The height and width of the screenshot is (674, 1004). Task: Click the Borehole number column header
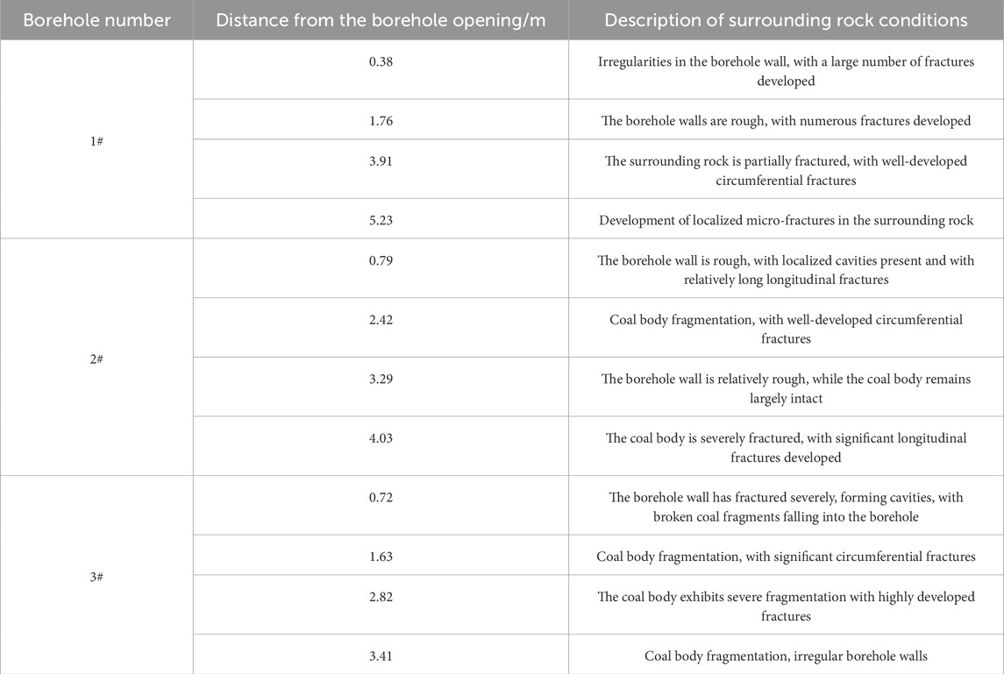96,20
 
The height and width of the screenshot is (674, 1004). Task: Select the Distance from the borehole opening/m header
381,20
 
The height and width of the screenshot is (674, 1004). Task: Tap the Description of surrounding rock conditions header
786,20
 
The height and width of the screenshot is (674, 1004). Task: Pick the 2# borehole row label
96,358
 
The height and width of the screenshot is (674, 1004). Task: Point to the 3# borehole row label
96,577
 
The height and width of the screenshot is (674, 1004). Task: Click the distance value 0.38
381,63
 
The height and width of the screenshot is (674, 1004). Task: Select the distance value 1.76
381,121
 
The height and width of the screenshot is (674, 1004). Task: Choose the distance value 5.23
381,220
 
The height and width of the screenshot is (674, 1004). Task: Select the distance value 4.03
381,438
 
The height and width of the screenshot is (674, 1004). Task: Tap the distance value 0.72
381,497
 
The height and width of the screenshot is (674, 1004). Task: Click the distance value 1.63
381,556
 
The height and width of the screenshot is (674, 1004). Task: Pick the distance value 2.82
381,597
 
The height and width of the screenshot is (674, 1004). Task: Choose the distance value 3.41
381,656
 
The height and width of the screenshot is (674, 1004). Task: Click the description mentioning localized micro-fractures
786,220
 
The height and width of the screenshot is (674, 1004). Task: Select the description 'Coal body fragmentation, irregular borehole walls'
786,656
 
